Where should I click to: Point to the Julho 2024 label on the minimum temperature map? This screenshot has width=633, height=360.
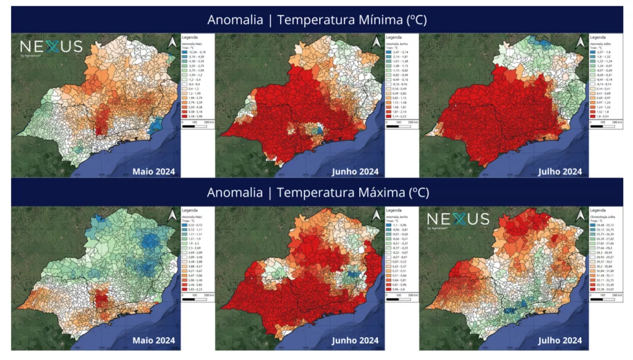pyautogui.click(x=560, y=171)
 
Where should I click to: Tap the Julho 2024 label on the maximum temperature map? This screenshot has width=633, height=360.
pyautogui.click(x=560, y=341)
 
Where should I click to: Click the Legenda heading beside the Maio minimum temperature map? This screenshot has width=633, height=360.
pyautogui.click(x=189, y=38)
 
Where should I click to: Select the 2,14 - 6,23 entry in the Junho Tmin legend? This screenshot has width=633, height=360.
pyautogui.click(x=398, y=116)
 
